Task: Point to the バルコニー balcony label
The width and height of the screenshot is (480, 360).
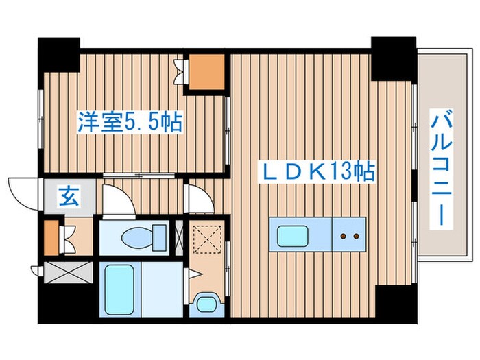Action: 440,171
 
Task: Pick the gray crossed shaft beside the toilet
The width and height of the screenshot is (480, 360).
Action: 180,237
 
